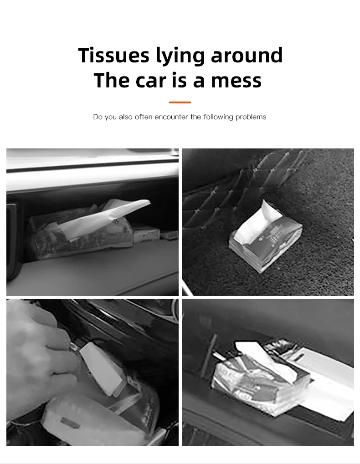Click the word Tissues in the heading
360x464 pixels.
(113, 56)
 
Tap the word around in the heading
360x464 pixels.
(247, 56)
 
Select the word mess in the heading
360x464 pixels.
(236, 81)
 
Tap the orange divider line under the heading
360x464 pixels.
(180, 102)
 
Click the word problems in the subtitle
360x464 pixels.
(251, 117)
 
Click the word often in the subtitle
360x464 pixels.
(144, 117)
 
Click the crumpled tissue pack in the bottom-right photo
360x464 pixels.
(261, 380)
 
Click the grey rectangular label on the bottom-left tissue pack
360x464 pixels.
(70, 423)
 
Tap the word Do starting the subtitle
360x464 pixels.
(98, 117)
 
